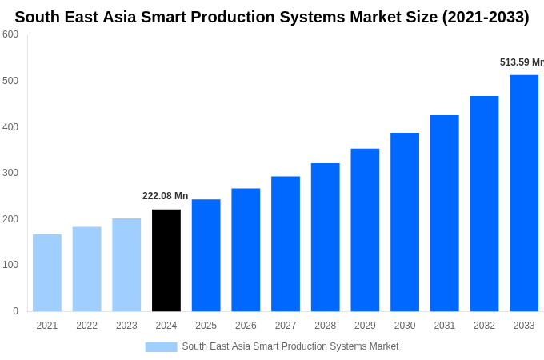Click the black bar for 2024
(x=166, y=260)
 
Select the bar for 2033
(x=524, y=193)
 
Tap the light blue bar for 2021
(x=47, y=273)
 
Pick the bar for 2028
(x=326, y=237)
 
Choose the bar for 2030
(x=405, y=222)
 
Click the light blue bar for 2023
(x=126, y=265)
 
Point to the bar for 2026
(x=246, y=250)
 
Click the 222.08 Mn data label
(x=165, y=196)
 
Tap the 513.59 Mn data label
(x=521, y=62)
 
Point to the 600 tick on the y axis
(x=10, y=34)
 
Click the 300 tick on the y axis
(x=10, y=173)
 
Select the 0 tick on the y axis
(x=15, y=311)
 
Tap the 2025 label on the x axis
(x=206, y=326)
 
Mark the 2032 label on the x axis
(x=484, y=326)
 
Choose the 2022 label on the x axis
(x=87, y=326)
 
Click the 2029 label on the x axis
(x=365, y=326)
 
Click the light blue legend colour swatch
(x=161, y=346)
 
